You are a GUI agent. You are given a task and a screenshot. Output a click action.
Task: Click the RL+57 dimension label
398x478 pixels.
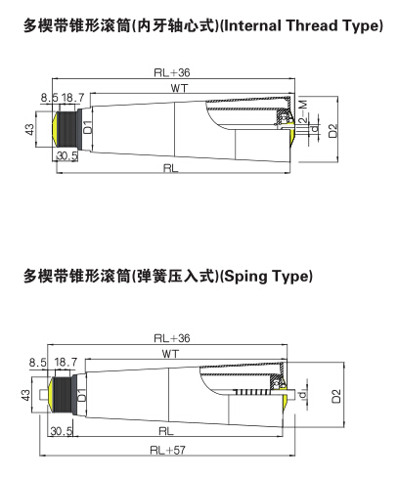point(169,452)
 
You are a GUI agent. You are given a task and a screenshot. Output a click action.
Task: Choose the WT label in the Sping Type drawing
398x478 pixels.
point(169,352)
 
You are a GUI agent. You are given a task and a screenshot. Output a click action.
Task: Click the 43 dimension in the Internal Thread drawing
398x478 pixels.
point(30,128)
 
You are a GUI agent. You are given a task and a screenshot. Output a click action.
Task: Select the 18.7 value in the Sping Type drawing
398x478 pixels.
point(68,361)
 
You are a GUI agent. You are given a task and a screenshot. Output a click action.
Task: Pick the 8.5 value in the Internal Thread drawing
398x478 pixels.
point(50,98)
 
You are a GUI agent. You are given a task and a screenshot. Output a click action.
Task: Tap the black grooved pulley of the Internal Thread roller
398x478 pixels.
point(68,128)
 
